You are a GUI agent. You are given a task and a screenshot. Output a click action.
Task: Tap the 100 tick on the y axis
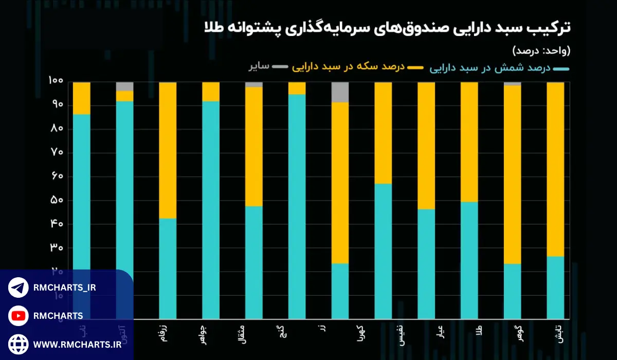(x=56, y=81)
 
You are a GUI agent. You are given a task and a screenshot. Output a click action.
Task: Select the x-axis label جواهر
(x=204, y=330)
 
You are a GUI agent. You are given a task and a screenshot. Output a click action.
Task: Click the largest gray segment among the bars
(x=340, y=92)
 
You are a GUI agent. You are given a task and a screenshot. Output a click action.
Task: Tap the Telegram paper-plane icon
(x=19, y=287)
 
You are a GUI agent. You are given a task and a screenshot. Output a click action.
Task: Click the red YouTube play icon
(x=19, y=315)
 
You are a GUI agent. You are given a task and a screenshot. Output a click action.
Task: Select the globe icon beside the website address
(x=19, y=343)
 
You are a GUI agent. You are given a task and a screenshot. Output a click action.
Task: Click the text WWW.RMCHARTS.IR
(x=77, y=343)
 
